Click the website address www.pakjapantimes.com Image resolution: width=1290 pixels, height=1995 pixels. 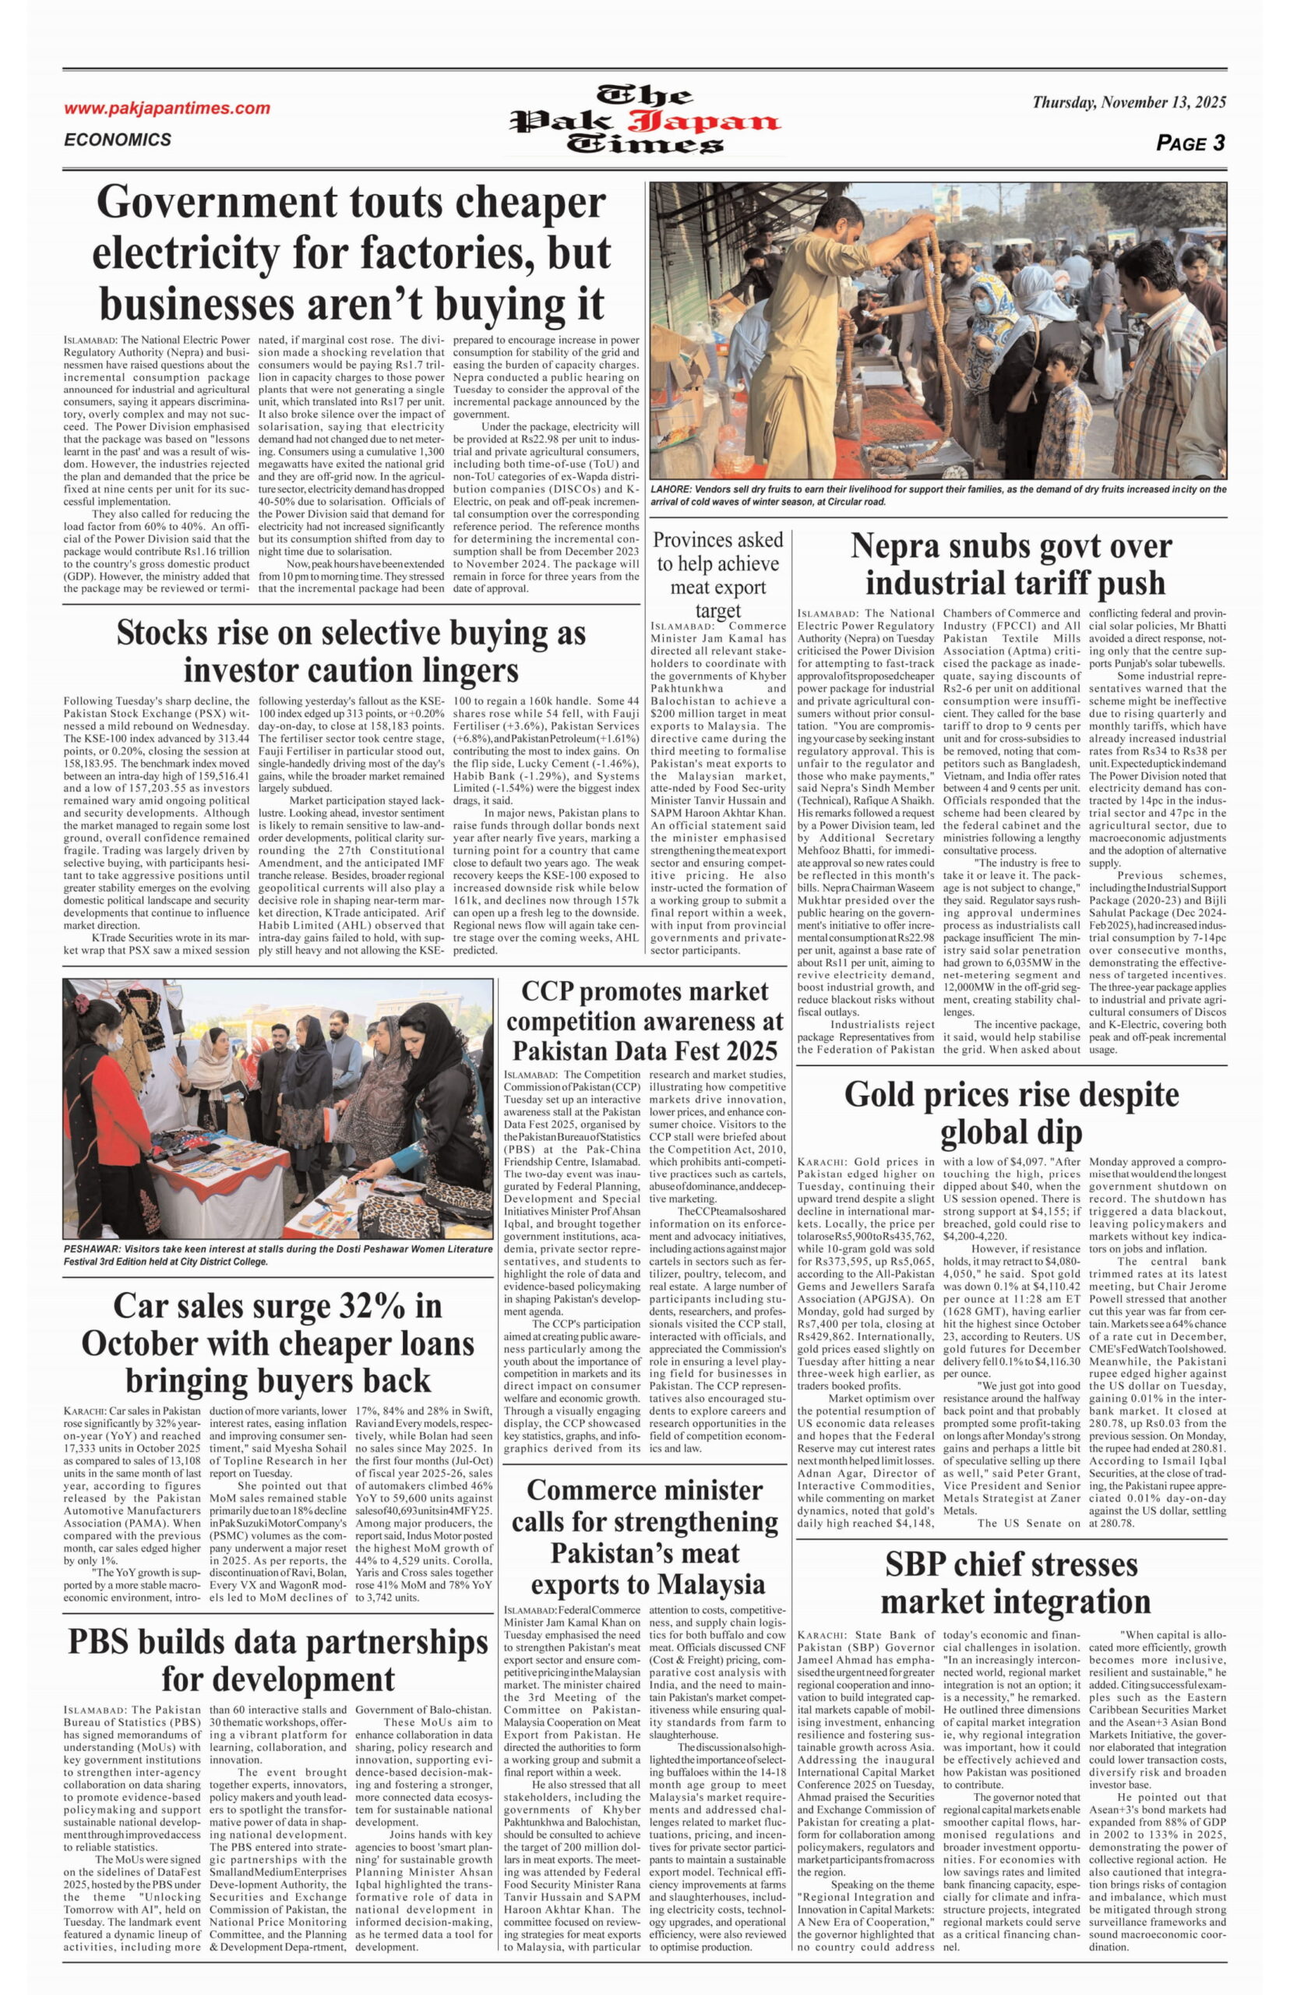click(x=167, y=108)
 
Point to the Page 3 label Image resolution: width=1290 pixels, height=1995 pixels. click(x=1190, y=143)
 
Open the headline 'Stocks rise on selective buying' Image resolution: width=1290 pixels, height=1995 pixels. click(x=351, y=651)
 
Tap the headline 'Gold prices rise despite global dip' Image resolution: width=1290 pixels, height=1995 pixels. click(x=1011, y=1112)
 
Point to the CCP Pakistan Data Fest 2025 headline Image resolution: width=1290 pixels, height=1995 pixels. click(x=644, y=1021)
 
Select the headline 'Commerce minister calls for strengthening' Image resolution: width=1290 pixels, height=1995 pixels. click(x=644, y=1538)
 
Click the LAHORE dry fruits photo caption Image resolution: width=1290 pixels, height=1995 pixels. click(x=938, y=495)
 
